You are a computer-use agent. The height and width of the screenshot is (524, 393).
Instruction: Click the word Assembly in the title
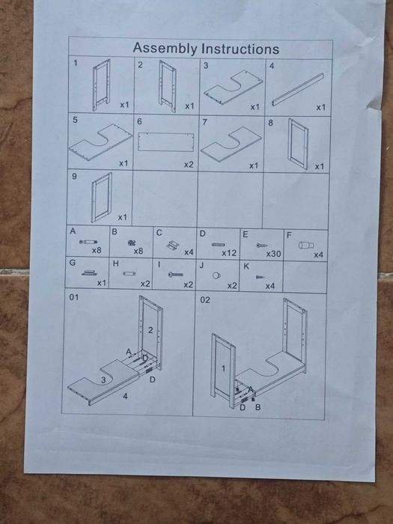(x=165, y=49)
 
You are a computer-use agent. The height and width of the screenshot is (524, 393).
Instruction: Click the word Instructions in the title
(x=240, y=49)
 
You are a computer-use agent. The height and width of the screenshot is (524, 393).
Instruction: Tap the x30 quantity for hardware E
(x=273, y=254)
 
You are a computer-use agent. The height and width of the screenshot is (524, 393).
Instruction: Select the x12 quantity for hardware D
(x=229, y=253)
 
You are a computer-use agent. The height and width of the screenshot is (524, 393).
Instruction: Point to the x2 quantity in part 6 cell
(x=189, y=165)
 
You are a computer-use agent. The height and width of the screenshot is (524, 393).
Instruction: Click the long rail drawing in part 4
(x=298, y=90)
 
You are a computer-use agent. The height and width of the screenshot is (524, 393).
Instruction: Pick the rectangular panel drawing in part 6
(x=166, y=142)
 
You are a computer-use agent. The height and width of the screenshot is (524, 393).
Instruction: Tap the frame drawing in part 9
(x=102, y=197)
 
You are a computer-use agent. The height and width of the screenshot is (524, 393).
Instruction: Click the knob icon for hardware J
(x=216, y=275)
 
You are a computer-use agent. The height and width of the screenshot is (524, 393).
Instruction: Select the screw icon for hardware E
(x=262, y=246)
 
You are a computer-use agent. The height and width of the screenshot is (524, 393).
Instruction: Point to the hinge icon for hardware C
(x=173, y=246)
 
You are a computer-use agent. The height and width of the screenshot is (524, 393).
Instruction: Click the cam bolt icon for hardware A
(x=88, y=242)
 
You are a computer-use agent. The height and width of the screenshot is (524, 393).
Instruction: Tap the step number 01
(x=74, y=297)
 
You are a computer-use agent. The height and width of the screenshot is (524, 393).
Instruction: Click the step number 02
(x=205, y=299)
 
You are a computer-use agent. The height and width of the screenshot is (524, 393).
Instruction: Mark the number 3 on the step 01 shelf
(x=103, y=380)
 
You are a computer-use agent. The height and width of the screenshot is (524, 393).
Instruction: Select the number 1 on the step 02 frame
(x=223, y=368)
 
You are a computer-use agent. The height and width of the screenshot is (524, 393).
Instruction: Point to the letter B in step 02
(x=258, y=407)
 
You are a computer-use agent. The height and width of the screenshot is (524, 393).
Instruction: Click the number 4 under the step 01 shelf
(x=125, y=396)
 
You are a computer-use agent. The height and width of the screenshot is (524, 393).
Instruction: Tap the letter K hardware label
(x=246, y=266)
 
